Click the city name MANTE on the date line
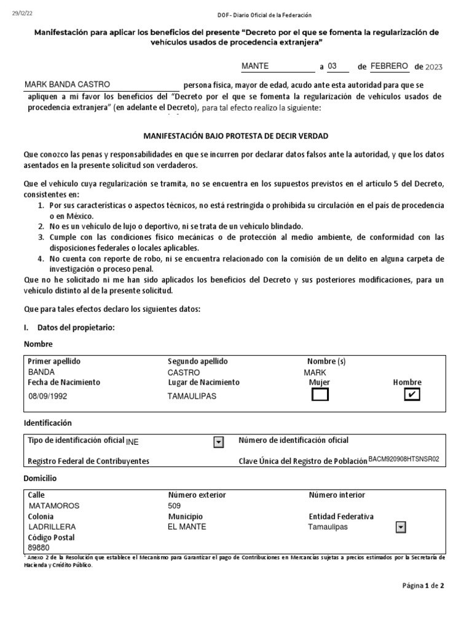tap(255, 66)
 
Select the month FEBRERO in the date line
tap(389, 66)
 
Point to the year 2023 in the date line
tap(433, 66)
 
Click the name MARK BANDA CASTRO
tap(68, 85)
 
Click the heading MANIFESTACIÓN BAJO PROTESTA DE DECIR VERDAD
tap(236, 135)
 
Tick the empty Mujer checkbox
tap(320, 395)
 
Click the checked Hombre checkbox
tap(411, 395)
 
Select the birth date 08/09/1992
tap(48, 396)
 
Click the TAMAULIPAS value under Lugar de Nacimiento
tap(192, 396)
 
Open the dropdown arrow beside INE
tap(218, 442)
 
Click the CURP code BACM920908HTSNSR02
tap(404, 459)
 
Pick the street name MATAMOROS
tap(54, 506)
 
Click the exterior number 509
tap(175, 506)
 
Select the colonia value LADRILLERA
tap(52, 527)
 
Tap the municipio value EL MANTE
tap(187, 527)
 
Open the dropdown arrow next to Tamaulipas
tap(401, 527)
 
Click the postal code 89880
tap(39, 547)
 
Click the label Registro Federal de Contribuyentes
tap(88, 461)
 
